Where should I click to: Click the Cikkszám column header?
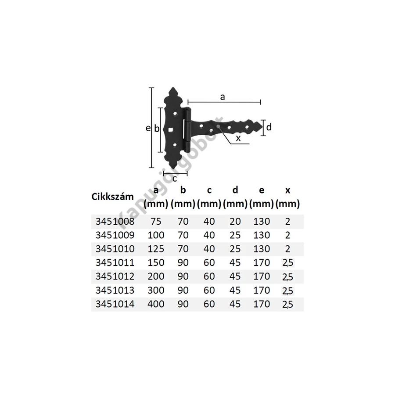(x=112, y=197)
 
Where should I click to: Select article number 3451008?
(x=115, y=222)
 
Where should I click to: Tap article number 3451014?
(x=115, y=304)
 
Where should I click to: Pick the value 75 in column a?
(x=156, y=222)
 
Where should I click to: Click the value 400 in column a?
(x=156, y=304)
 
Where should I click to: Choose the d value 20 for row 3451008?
(x=235, y=222)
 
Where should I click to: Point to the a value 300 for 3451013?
(x=156, y=290)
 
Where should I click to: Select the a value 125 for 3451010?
(x=156, y=249)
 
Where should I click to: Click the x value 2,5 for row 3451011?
(x=287, y=263)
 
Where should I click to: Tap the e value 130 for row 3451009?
(x=262, y=235)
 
